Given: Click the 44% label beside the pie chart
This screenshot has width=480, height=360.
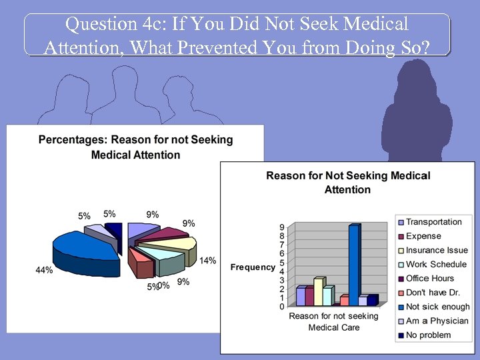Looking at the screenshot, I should click(x=45, y=270).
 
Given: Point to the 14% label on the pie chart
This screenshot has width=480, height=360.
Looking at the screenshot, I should click(x=207, y=261).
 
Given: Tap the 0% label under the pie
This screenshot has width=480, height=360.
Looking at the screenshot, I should click(x=163, y=285).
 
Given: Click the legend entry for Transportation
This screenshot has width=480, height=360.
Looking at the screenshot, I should click(x=433, y=222).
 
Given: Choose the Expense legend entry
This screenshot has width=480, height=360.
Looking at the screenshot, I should click(x=423, y=236).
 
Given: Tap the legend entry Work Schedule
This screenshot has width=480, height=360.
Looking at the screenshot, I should click(x=436, y=264).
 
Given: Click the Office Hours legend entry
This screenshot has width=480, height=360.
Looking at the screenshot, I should click(x=429, y=279).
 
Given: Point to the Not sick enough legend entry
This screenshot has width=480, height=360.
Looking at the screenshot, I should click(x=437, y=307).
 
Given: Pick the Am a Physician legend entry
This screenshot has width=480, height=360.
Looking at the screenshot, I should click(x=437, y=321).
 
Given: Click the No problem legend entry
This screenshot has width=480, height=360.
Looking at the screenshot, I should click(x=428, y=335).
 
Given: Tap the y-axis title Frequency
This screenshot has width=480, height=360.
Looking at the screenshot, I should click(x=253, y=267).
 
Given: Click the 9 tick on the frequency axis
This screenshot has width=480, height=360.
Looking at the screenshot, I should click(x=282, y=227).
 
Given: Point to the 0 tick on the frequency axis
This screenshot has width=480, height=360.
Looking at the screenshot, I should click(x=282, y=307).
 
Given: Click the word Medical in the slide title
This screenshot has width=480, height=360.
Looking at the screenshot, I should click(x=375, y=24).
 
